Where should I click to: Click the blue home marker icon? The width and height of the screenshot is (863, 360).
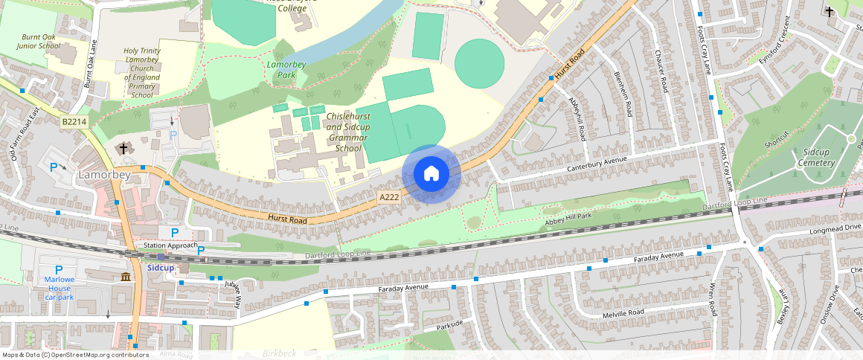[431, 174]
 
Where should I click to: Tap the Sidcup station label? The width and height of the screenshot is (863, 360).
[161, 267]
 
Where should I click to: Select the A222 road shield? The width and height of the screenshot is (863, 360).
[389, 197]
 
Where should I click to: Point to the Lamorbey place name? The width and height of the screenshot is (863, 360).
[104, 175]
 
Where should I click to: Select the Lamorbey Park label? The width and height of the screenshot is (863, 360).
[286, 70]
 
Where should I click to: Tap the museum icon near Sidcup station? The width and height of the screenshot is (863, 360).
[125, 277]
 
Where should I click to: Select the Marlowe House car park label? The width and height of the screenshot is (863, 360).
[60, 288]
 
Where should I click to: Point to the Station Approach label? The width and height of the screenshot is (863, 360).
[170, 245]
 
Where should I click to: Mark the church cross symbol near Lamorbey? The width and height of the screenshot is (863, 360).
[123, 149]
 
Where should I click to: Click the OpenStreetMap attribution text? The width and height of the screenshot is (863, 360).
[74, 355]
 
